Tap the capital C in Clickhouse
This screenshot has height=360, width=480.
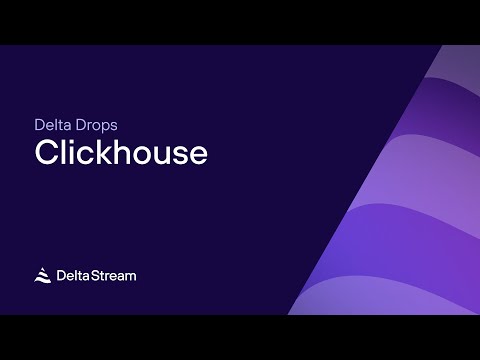tap(46, 153)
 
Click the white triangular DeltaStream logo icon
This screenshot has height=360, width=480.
tap(43, 275)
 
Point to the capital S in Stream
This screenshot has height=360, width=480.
tap(97, 275)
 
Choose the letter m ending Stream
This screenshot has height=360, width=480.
tap(130, 276)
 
